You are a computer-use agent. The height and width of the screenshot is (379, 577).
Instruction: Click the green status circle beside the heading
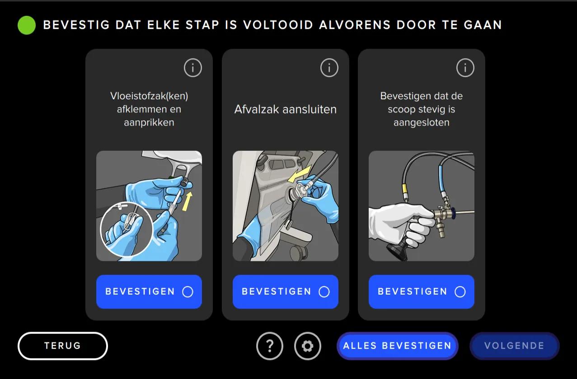[x=27, y=25]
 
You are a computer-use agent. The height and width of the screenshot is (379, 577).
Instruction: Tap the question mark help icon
[x=270, y=346]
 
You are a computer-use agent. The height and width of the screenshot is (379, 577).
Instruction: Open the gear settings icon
[x=308, y=346]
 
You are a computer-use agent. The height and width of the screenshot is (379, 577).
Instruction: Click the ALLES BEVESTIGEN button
[x=397, y=346]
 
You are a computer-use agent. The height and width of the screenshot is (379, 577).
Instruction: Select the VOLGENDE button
[x=514, y=346]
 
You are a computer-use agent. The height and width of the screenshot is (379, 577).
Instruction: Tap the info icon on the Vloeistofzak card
[x=193, y=68]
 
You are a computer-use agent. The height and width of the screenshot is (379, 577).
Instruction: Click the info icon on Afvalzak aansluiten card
[x=329, y=68]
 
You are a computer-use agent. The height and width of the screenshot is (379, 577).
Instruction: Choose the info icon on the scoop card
[x=465, y=68]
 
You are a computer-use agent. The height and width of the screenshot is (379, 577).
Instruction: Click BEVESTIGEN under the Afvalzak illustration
[x=285, y=292]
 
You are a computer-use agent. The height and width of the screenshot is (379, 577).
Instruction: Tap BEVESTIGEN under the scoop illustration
[x=421, y=292]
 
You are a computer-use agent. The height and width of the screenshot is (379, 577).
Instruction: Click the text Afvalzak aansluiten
[x=285, y=110]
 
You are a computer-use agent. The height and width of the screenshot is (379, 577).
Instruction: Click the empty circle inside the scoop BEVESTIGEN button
[x=460, y=292]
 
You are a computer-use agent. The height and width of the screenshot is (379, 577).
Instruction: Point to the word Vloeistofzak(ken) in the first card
[x=149, y=96]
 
